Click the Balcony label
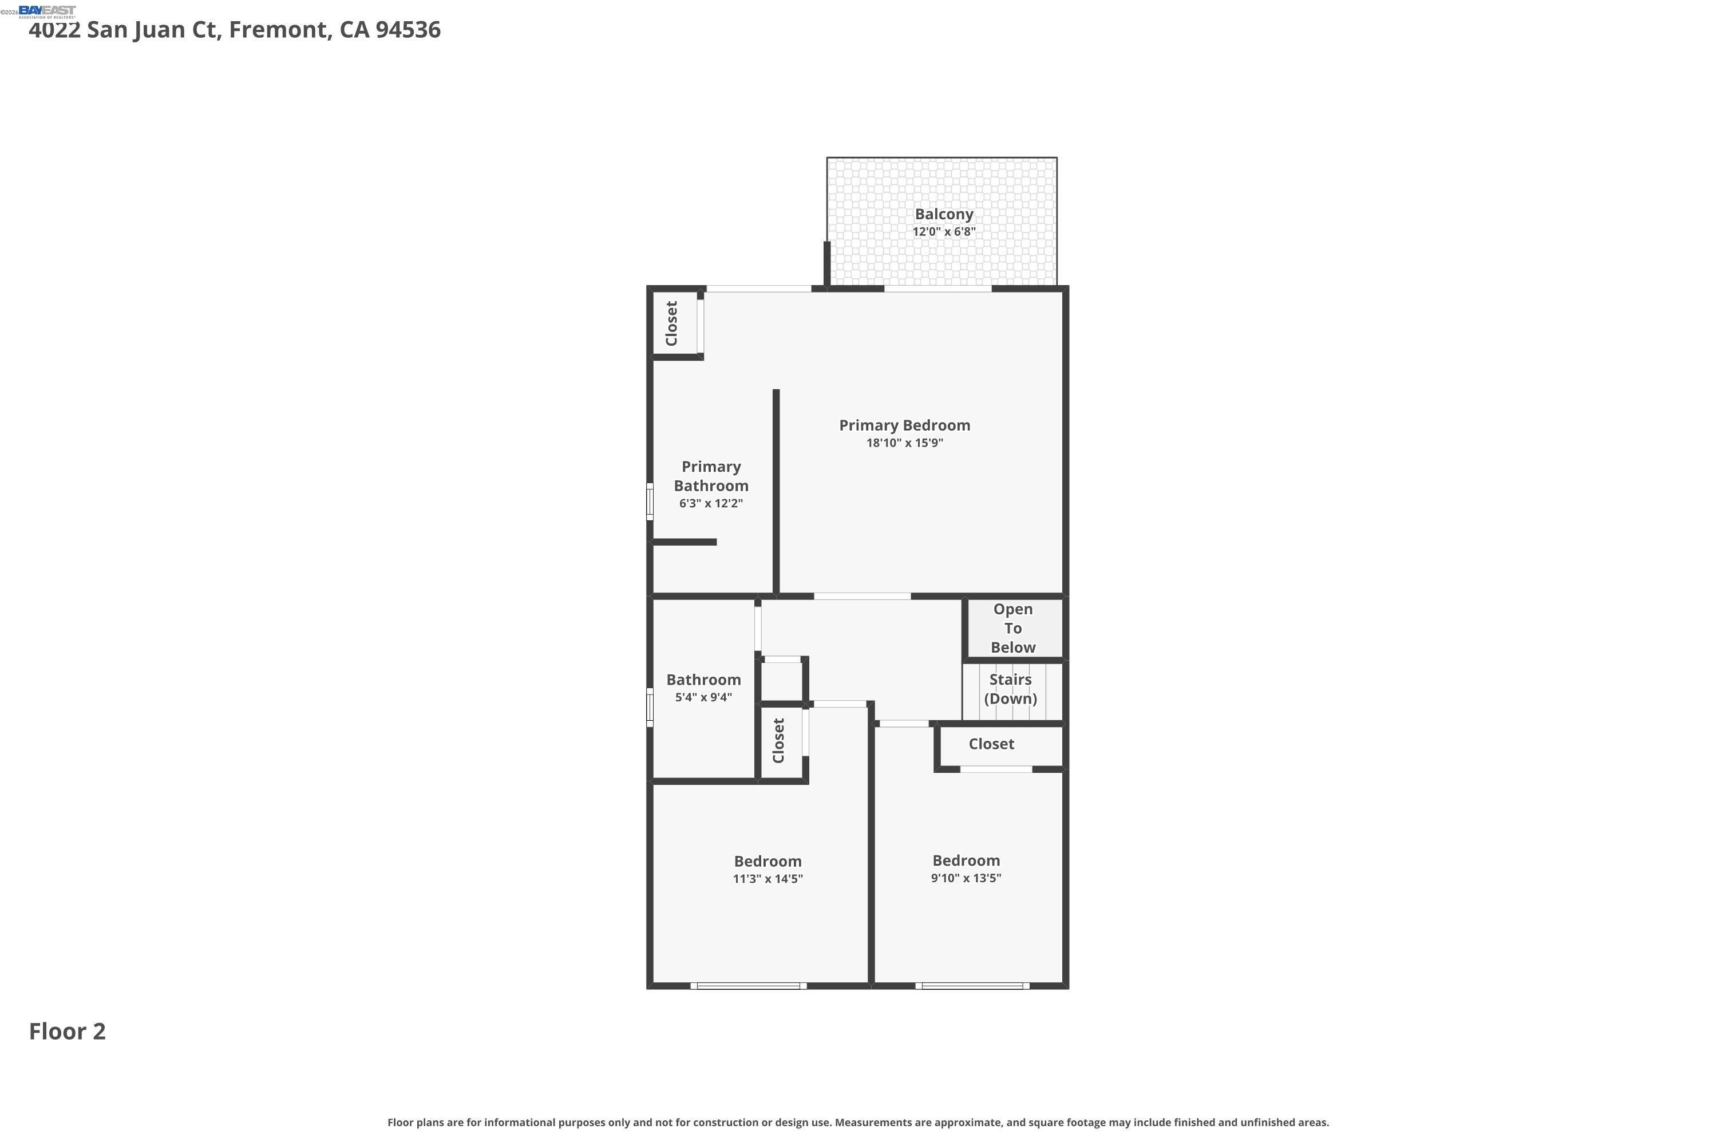pyautogui.click(x=943, y=214)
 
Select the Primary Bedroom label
pyautogui.click(x=904, y=425)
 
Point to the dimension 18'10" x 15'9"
pyautogui.click(x=904, y=443)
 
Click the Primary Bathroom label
pyautogui.click(x=710, y=476)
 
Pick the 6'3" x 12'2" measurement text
pyautogui.click(x=710, y=504)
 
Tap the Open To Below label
pyautogui.click(x=1012, y=628)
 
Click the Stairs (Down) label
pyautogui.click(x=1010, y=689)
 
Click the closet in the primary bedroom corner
pyautogui.click(x=671, y=323)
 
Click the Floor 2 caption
pyautogui.click(x=67, y=1032)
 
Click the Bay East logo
pyautogui.click(x=47, y=11)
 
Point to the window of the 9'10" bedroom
pyautogui.click(x=972, y=986)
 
